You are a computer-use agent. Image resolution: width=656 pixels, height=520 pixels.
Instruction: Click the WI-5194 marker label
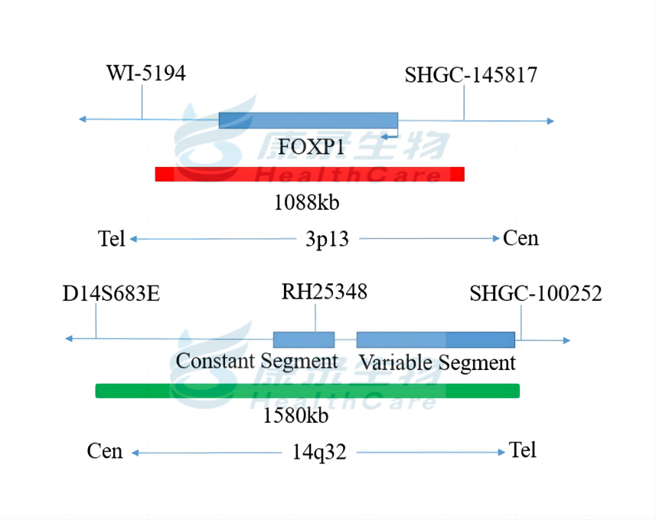(x=145, y=74)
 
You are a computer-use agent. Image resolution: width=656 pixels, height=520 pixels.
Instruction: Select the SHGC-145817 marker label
(x=471, y=75)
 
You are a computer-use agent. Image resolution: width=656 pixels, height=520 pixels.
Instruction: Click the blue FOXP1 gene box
(x=308, y=120)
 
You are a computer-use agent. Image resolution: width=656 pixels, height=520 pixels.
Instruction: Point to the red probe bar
(x=309, y=174)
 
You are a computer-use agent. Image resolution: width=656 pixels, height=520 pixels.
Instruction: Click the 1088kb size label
(x=306, y=203)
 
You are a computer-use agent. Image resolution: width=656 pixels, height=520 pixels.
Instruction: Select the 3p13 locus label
(x=327, y=239)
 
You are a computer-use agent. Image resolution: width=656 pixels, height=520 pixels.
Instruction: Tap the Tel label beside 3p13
(x=112, y=239)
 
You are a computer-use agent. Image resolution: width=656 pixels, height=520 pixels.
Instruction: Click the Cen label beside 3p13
(x=521, y=238)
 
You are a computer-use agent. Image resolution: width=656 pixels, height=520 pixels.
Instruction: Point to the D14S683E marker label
(x=112, y=294)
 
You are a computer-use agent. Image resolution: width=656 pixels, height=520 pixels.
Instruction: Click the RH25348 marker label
(x=325, y=292)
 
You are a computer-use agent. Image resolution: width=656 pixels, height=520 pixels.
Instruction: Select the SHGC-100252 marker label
(x=536, y=294)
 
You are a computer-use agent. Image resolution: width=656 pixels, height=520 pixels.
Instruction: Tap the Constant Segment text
(x=257, y=360)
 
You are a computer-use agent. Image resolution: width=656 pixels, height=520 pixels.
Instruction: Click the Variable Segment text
(x=438, y=361)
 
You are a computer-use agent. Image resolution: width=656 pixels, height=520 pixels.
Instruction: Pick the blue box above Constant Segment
(x=304, y=339)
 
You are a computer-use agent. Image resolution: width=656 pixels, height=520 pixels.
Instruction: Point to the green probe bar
(x=307, y=391)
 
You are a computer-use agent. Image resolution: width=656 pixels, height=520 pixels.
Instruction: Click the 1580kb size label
(x=295, y=416)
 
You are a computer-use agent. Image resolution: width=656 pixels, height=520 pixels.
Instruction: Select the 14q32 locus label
(x=319, y=452)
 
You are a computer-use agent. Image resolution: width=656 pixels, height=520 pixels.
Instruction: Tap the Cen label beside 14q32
(x=105, y=451)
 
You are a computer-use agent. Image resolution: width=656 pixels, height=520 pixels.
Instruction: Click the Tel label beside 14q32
(x=523, y=450)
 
